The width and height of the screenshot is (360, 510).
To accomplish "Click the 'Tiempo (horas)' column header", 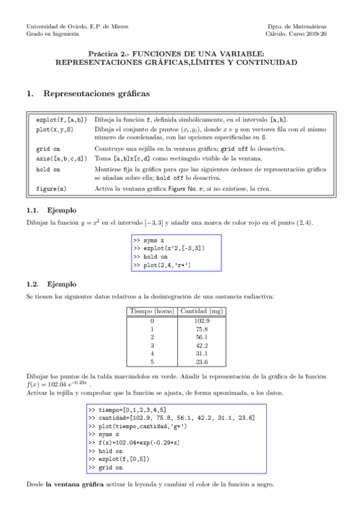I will [152, 312].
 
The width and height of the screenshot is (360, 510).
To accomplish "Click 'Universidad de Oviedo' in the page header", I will [57, 26].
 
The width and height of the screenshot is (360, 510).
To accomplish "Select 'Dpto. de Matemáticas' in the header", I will [298, 26].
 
